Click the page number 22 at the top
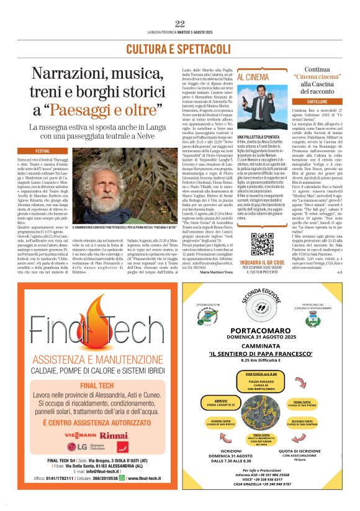pyautogui.click(x=180, y=24)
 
